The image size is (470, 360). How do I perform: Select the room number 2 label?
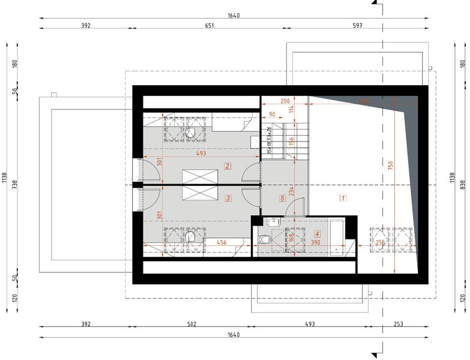(x=228, y=166)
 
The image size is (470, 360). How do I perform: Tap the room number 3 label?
(x=228, y=197)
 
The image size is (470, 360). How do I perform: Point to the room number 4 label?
(x=318, y=234)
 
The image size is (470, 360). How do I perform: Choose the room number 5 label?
(x=281, y=197)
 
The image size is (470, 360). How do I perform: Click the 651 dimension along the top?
(x=209, y=26)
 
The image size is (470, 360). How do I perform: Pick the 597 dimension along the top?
(x=358, y=26)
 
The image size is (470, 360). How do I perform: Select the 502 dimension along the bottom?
(x=191, y=324)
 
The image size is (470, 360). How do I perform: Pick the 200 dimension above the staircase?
(x=285, y=100)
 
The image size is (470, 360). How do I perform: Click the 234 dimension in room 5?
(x=292, y=191)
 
